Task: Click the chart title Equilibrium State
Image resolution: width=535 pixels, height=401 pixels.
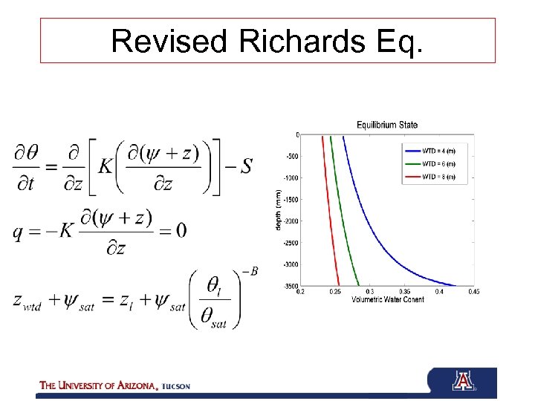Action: coord(386,125)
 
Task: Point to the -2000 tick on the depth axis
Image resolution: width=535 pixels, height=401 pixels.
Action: coord(290,221)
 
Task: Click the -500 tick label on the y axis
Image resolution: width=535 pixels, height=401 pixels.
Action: coord(291,157)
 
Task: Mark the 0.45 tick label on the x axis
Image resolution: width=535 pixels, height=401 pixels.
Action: coord(473,292)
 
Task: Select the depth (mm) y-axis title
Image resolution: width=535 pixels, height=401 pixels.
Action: coord(279,209)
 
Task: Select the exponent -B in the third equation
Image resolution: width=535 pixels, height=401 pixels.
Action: coord(251,271)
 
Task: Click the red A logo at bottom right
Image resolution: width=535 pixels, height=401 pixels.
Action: coord(462,382)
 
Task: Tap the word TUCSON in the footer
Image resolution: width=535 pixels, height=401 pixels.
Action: coord(176,386)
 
